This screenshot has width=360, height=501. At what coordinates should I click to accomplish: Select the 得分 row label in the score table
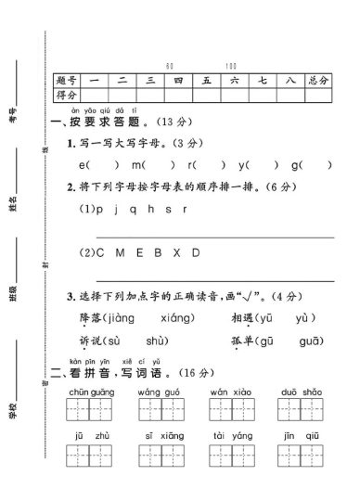pyautogui.click(x=66, y=95)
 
